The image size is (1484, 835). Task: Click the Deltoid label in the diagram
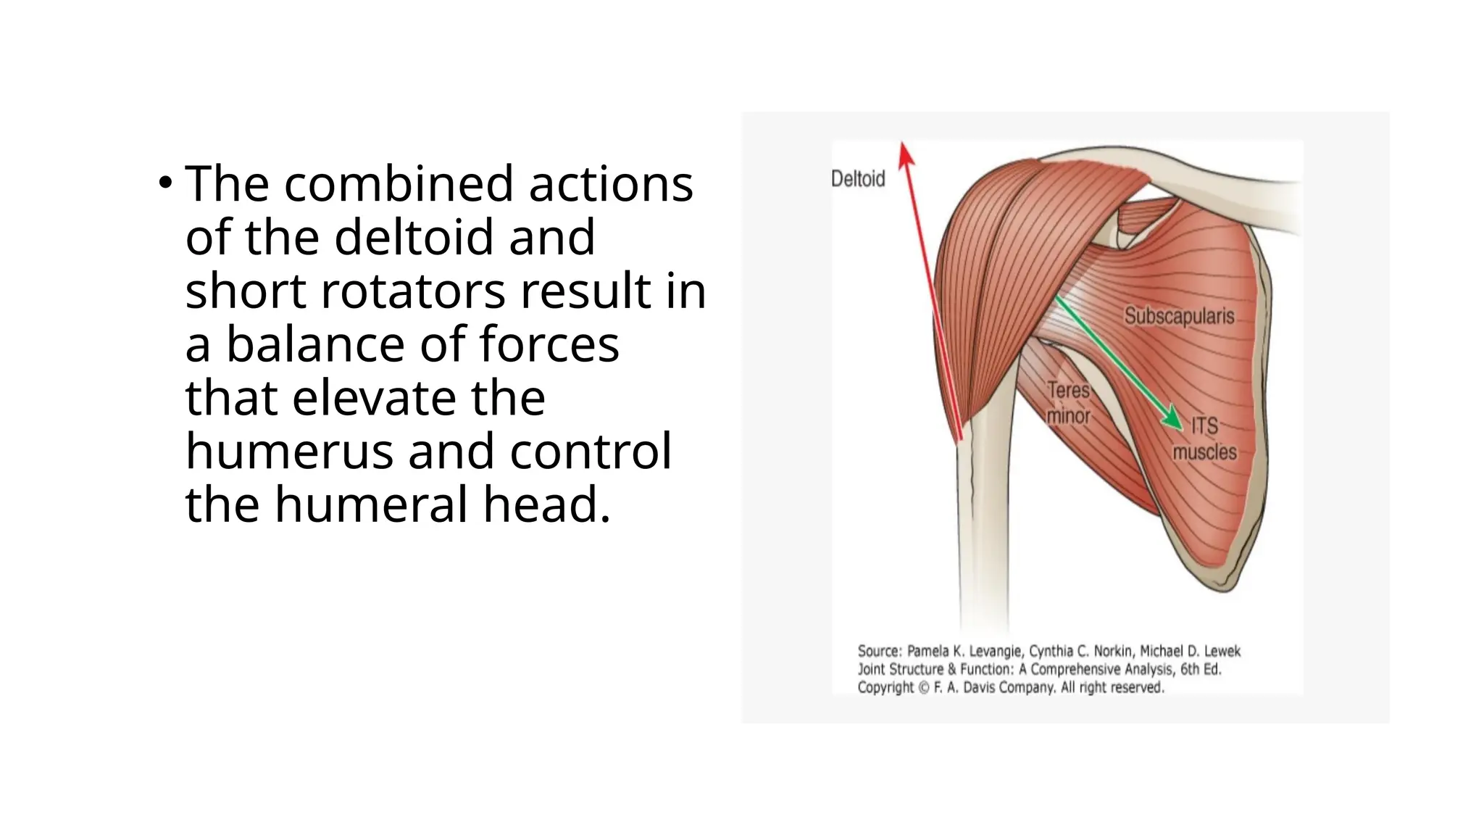(858, 179)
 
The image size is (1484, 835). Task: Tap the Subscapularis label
(1179, 317)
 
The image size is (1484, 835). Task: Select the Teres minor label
(1069, 403)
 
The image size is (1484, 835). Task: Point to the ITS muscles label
(1205, 439)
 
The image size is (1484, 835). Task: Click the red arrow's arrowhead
(905, 153)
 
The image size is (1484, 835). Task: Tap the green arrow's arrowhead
(1173, 420)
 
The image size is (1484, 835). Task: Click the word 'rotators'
(414, 291)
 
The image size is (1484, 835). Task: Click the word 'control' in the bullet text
(591, 452)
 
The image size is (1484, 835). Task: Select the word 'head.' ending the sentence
(547, 505)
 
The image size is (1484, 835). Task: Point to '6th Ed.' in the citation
(1201, 669)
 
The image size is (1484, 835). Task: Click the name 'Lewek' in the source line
(1222, 651)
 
